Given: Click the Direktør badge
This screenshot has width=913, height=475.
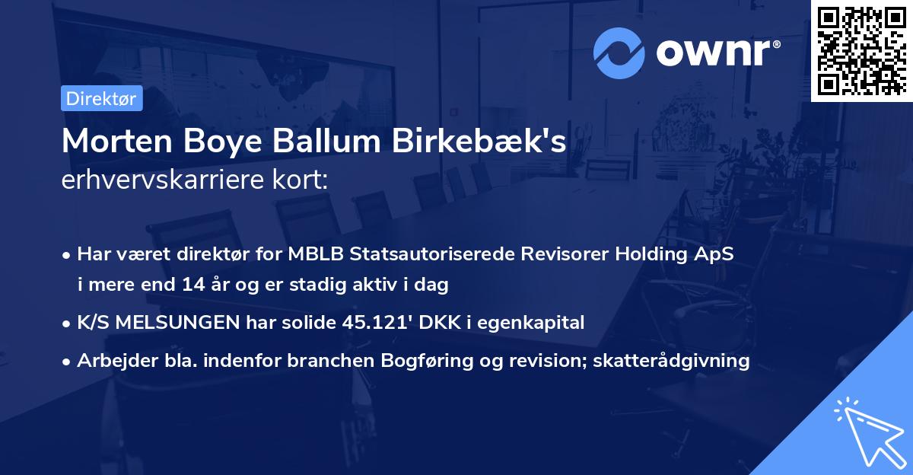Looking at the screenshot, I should (101, 98).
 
